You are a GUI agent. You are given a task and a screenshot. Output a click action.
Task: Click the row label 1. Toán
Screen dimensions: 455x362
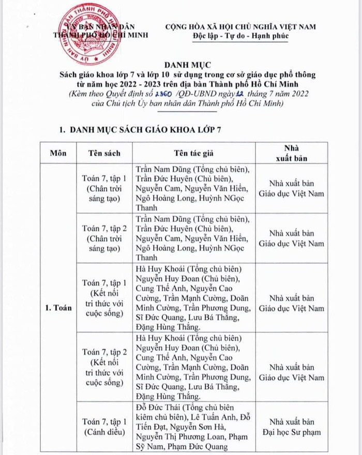(x=57, y=307)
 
